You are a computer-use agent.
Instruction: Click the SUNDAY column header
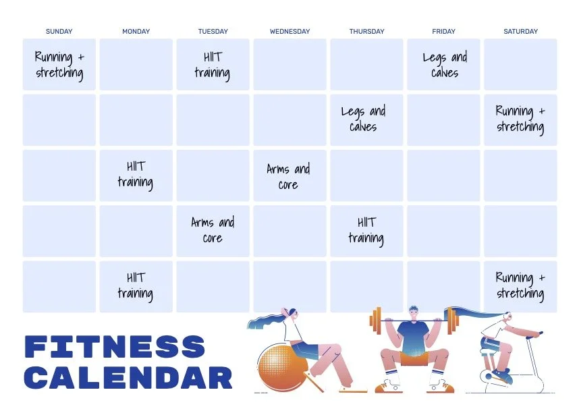[59, 31]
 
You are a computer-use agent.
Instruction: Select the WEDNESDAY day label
[289, 31]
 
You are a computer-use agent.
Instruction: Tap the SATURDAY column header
[520, 31]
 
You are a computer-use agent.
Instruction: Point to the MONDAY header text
[136, 31]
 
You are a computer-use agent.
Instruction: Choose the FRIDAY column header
[443, 31]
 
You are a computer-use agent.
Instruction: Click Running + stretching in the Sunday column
[59, 65]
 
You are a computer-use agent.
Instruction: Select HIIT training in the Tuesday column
[213, 65]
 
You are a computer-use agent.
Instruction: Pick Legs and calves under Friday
[445, 65]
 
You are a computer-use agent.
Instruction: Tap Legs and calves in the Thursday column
[364, 119]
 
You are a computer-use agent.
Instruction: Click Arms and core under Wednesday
[288, 176]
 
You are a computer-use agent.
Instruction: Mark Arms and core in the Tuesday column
[213, 229]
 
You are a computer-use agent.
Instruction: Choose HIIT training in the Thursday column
[366, 229]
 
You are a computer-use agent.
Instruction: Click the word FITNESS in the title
[115, 348]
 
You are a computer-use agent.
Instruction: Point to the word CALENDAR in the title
[128, 378]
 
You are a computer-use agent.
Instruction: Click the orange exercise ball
[279, 368]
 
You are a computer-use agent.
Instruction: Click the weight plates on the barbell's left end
[375, 321]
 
